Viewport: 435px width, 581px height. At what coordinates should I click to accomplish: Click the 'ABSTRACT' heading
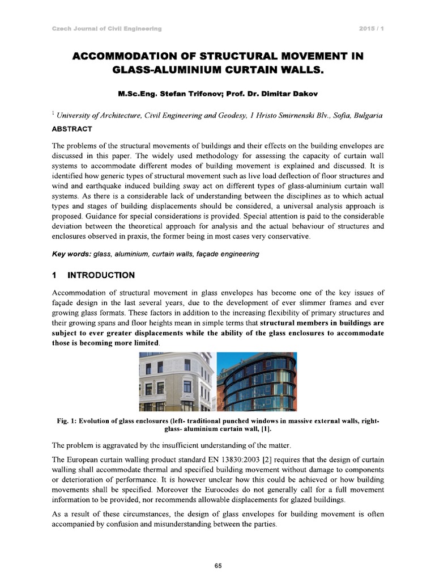click(72, 129)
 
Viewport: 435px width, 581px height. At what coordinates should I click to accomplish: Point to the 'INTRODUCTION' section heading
click(101, 275)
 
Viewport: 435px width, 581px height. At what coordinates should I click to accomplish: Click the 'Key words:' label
click(70, 254)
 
